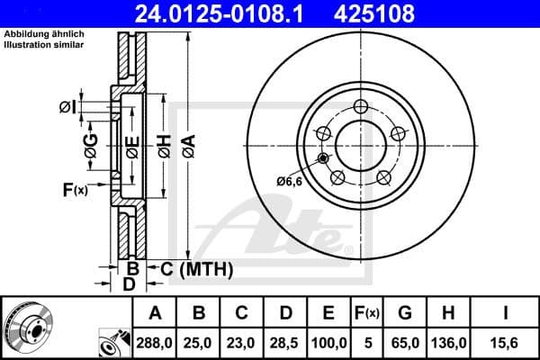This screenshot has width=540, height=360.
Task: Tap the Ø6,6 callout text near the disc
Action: tap(289, 182)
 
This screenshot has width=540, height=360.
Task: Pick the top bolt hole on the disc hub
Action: tap(360, 106)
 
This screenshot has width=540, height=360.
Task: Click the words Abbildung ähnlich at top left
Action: tap(45, 33)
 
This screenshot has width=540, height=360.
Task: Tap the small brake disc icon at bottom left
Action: tap(29, 326)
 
